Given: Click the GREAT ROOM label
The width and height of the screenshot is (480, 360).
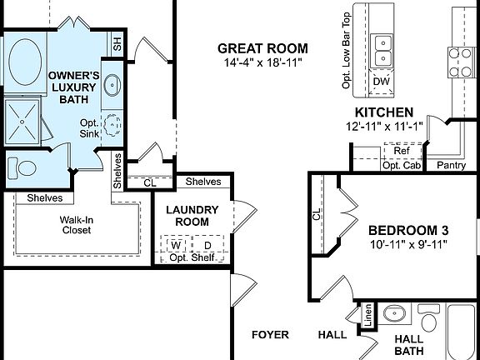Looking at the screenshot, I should coord(262,48).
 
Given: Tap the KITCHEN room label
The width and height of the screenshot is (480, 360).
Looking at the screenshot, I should coord(384,112).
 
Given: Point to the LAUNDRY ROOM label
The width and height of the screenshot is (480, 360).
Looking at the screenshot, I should coord(192,217).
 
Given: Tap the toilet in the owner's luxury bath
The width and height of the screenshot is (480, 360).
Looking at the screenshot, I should coord(27,167).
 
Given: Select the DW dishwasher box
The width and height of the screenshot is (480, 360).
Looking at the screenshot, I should coord(382,82).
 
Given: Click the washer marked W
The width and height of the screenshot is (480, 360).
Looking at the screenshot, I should coord(176,246).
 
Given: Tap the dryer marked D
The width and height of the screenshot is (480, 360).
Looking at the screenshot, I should coord(207,246).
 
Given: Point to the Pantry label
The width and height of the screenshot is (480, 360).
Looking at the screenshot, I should coord(452,166).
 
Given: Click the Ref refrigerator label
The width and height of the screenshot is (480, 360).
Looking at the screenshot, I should coord(402,151).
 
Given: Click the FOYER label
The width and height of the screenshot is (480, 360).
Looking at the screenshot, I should coord(271,335).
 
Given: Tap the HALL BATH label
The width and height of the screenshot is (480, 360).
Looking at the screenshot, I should coord(408,345).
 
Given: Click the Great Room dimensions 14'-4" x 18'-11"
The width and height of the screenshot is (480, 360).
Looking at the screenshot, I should coord(262,63).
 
